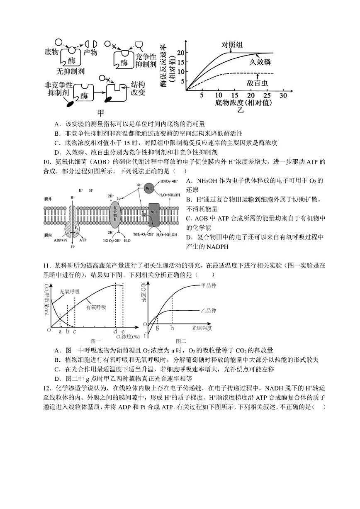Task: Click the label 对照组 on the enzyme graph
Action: (x=232, y=45)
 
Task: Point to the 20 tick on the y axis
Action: (x=180, y=53)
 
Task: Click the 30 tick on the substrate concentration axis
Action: (x=284, y=96)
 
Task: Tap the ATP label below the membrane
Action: (x=83, y=240)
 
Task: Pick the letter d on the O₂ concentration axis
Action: (x=115, y=331)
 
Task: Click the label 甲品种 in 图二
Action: (x=209, y=285)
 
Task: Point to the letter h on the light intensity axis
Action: (x=172, y=328)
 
